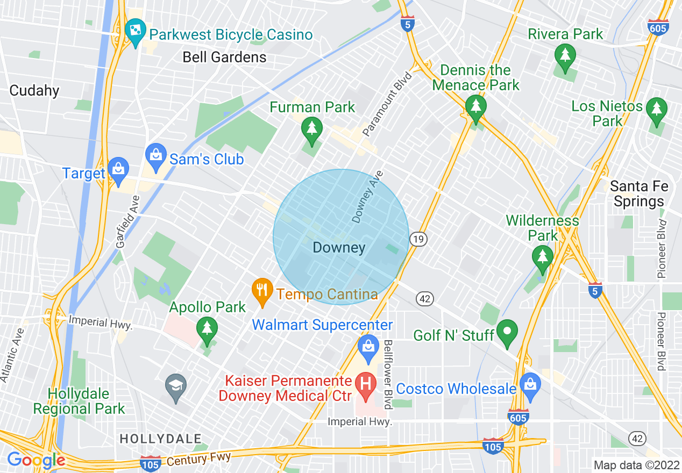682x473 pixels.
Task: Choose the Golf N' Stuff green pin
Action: (x=507, y=332)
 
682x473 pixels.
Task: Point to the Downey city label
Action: (x=339, y=248)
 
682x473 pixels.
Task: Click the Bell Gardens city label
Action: (x=224, y=57)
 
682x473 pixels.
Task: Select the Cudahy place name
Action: (x=34, y=90)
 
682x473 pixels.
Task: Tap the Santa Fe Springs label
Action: (x=639, y=194)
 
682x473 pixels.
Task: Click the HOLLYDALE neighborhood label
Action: (x=160, y=439)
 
